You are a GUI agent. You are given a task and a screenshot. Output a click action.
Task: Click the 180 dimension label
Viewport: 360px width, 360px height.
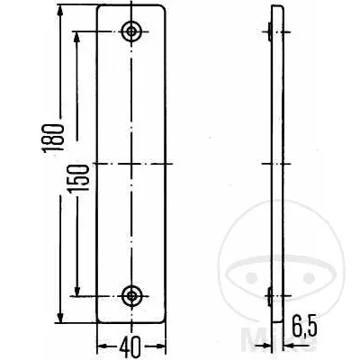(x=53, y=138)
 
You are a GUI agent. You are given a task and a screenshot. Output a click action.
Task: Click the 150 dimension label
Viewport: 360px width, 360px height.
(x=78, y=178)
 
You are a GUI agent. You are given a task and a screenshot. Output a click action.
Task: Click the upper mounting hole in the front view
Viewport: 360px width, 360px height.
(x=131, y=31)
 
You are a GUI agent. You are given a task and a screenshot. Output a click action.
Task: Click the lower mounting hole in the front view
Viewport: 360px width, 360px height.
(x=131, y=295)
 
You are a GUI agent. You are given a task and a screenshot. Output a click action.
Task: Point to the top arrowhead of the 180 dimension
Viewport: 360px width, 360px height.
(x=60, y=12)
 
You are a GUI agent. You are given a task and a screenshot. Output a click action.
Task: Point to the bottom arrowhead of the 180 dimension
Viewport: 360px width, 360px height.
(x=60, y=316)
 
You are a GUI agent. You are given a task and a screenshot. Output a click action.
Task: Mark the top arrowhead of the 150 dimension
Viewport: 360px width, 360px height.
(x=76, y=38)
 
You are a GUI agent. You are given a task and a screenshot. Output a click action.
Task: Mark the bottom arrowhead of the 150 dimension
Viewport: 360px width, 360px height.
(x=77, y=289)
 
